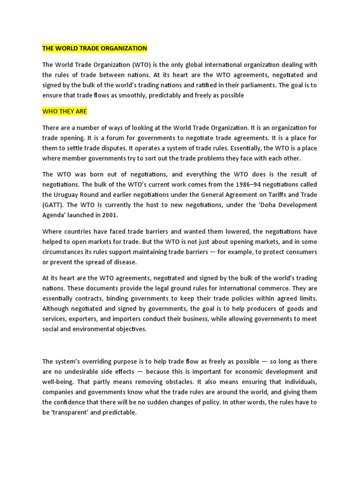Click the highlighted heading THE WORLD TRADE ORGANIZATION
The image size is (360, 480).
[x=95, y=48]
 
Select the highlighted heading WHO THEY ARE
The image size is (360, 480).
[x=65, y=112]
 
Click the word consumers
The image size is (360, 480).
[x=300, y=252]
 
